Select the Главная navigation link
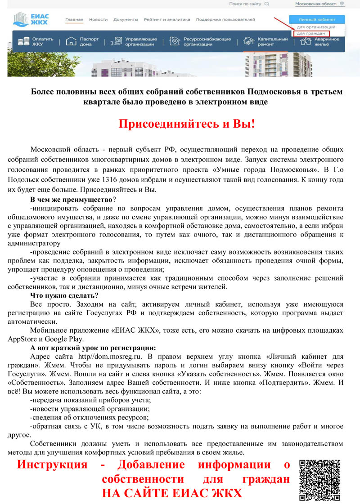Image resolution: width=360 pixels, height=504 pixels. [x=74, y=20]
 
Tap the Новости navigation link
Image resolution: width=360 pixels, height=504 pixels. [x=98, y=20]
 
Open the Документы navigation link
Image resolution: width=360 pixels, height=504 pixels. [x=126, y=20]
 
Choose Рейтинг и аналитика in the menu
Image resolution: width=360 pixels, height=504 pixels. [x=167, y=20]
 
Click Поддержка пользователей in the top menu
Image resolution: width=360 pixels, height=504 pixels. [x=225, y=20]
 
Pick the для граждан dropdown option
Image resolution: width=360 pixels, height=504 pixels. [x=310, y=33]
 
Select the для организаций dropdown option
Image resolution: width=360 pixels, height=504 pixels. [x=316, y=27]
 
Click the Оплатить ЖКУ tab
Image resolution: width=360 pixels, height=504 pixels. [x=36, y=42]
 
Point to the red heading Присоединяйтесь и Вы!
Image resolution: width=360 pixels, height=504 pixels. [x=187, y=124]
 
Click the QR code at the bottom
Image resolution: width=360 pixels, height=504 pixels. [x=320, y=480]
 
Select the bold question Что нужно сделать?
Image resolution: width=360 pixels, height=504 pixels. [x=64, y=295]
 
